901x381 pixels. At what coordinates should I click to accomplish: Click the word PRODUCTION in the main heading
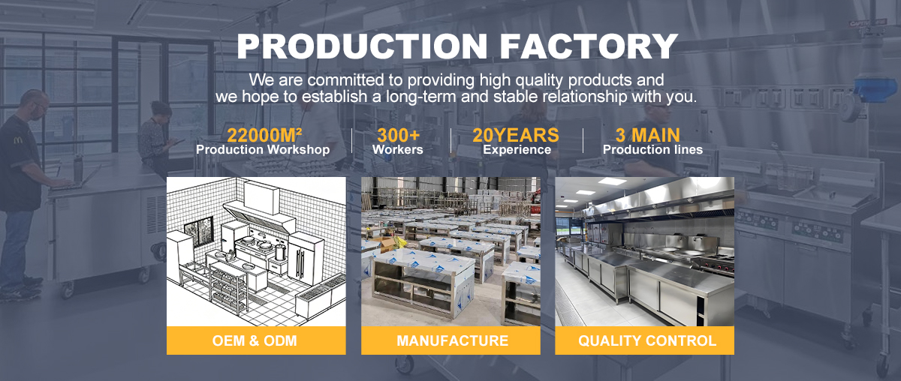(x=362, y=46)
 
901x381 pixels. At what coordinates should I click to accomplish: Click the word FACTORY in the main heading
(x=589, y=46)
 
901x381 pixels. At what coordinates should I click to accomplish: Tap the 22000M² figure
(x=264, y=136)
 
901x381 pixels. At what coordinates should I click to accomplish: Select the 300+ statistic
(x=398, y=136)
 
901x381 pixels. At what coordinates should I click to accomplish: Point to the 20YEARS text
(x=516, y=136)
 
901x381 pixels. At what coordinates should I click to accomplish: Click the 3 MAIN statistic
(x=647, y=136)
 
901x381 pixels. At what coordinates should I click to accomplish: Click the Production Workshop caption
(x=263, y=150)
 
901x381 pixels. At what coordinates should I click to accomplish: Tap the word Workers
(x=398, y=150)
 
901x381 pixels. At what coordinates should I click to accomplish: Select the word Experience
(x=517, y=150)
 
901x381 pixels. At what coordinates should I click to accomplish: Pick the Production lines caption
(x=652, y=150)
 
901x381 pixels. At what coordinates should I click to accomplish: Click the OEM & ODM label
(x=255, y=340)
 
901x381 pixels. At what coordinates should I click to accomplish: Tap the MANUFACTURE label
(x=453, y=340)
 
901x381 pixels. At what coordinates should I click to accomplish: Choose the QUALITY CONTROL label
(x=647, y=340)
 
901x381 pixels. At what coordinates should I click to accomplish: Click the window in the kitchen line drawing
(x=199, y=232)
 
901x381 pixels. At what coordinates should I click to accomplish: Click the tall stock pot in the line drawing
(x=280, y=252)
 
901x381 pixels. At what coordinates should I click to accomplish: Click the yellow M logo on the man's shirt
(x=19, y=140)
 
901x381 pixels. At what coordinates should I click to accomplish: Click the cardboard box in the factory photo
(x=385, y=244)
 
